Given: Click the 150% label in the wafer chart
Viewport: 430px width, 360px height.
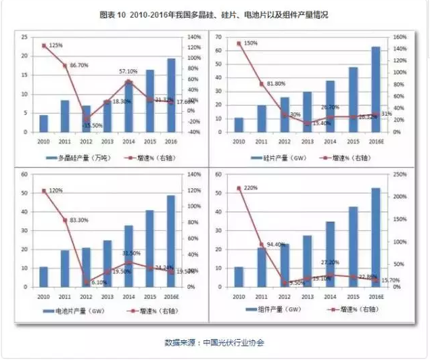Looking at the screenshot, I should (251, 43).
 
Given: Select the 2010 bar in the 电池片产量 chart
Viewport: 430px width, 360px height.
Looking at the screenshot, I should (44, 277).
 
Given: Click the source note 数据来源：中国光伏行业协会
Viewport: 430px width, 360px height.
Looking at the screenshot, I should (214, 343).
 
